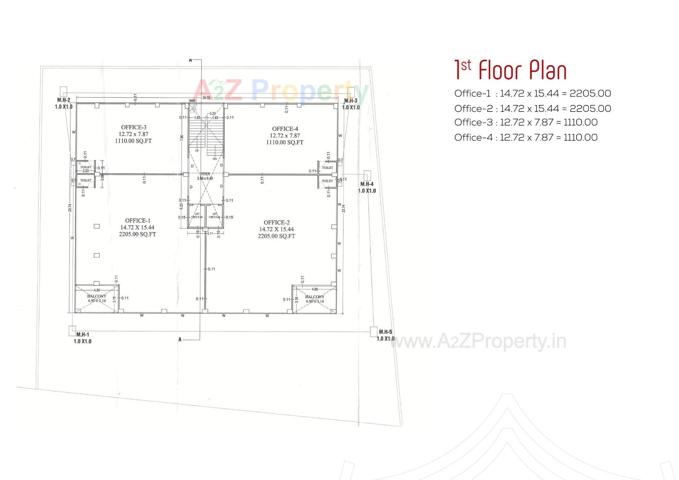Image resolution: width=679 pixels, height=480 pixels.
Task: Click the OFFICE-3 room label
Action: pos(133,127)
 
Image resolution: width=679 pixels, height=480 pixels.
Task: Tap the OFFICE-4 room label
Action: pos(285,129)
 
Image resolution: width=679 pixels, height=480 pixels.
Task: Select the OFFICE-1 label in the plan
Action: pos(138,221)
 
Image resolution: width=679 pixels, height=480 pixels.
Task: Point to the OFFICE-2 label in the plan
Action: pos(277,222)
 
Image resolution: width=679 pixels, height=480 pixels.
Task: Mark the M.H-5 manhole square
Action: pos(373,332)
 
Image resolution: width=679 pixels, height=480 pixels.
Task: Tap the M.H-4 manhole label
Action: pos(367,184)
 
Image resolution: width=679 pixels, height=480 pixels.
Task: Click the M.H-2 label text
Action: pos(64,100)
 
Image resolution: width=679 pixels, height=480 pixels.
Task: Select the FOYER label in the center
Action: pos(205,174)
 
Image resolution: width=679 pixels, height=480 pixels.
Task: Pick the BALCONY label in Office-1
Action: pos(97,296)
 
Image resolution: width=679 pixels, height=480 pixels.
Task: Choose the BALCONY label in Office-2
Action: pos(314,297)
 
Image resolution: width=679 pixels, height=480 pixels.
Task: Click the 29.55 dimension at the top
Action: pos(206,98)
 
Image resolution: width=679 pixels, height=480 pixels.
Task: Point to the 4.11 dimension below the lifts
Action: pos(210,233)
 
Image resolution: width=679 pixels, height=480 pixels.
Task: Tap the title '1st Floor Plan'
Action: pos(510,70)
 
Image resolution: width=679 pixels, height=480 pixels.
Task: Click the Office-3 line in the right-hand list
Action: pos(526,122)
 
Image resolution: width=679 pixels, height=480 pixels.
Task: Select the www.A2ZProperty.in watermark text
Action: pos(477,341)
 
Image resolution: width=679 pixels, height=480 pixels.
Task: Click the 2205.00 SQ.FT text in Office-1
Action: pos(138,234)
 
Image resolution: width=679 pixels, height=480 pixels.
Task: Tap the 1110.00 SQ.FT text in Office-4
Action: pos(285,143)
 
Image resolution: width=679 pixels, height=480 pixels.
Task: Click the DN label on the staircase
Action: pos(215,159)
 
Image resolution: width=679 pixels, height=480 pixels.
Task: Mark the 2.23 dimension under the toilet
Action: pos(86,170)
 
